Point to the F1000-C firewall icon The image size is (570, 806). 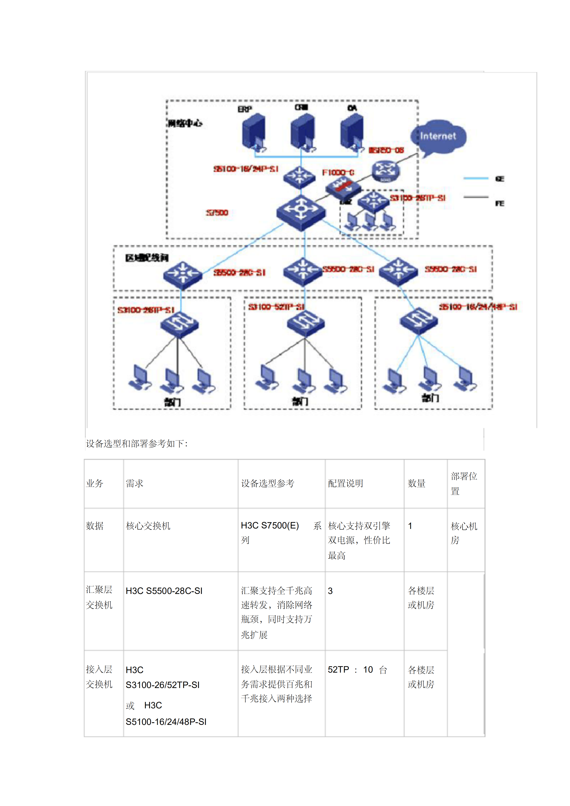(343, 186)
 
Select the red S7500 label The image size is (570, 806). (217, 213)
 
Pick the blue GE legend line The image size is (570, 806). (476, 178)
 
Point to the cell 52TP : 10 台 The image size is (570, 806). (357, 670)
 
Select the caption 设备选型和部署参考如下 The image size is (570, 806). (137, 444)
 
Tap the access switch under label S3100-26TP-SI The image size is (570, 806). (180, 324)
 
